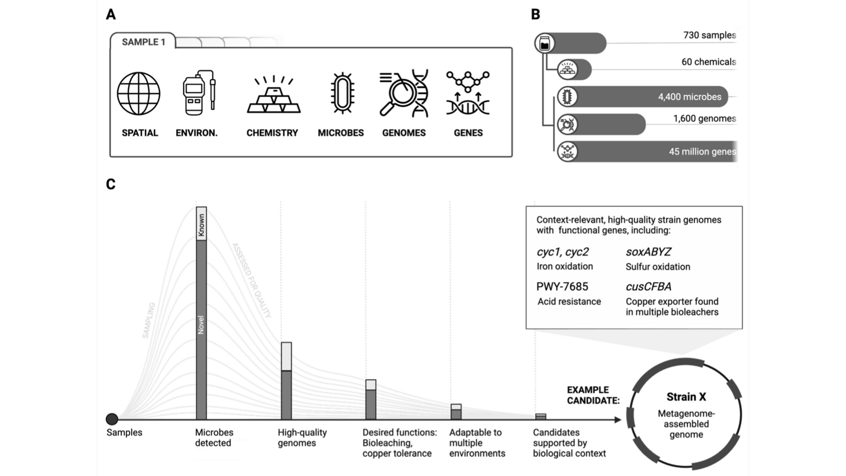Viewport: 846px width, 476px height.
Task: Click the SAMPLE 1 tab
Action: point(143,42)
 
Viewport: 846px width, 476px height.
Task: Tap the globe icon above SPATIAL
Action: point(139,93)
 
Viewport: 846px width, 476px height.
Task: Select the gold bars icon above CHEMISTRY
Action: point(274,94)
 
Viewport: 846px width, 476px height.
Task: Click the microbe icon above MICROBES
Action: point(342,93)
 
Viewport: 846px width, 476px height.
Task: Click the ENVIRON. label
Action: point(197,133)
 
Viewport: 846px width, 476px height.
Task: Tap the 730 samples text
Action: point(709,35)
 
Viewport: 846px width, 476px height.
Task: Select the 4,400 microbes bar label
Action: point(690,97)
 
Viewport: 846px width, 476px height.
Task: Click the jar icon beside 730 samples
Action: point(544,43)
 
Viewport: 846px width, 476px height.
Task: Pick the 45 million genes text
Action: point(702,152)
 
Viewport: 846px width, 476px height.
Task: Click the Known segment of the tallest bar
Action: point(201,224)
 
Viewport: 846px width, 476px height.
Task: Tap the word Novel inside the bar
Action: point(201,325)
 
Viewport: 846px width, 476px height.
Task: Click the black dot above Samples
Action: point(112,419)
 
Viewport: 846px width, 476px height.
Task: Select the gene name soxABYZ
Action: point(648,252)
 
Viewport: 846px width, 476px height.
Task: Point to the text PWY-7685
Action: point(562,287)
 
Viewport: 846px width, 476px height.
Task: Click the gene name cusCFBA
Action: point(648,287)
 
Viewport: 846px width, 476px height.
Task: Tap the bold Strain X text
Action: point(686,397)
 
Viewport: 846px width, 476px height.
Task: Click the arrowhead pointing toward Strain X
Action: point(618,420)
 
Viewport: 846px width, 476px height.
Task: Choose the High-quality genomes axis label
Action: point(302,437)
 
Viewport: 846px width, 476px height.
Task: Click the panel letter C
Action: point(111,184)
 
